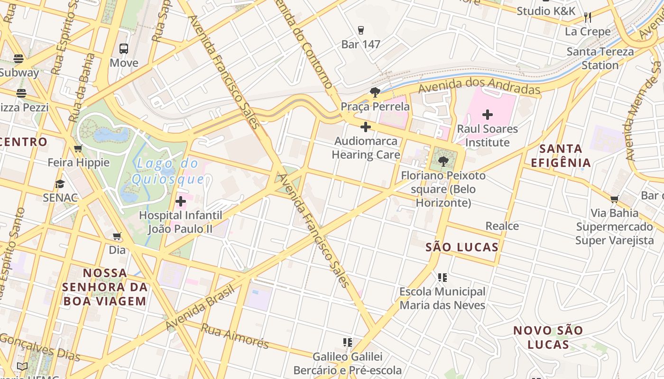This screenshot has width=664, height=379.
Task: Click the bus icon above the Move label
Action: point(123,48)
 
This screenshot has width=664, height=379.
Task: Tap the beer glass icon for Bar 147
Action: point(361,30)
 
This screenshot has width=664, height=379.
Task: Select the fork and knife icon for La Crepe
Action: point(588,18)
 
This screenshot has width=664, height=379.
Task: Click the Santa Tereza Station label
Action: point(600,58)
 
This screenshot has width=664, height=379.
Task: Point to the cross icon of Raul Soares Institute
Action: point(487,115)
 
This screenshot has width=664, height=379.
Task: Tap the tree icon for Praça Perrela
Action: point(375,92)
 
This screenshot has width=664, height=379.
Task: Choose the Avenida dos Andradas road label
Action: point(479,88)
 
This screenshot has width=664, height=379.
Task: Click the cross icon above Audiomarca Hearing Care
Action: point(365,127)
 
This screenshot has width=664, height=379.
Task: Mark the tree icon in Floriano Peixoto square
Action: point(443,162)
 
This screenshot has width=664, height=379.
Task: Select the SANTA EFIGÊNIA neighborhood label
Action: point(561,156)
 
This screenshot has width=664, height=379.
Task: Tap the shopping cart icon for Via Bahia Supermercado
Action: point(615,199)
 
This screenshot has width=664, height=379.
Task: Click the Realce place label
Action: point(502,226)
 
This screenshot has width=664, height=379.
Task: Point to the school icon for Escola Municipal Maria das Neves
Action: point(442,278)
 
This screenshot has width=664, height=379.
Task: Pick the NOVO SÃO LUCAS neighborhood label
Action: point(548,337)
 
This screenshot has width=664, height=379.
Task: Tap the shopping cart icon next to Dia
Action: point(117,236)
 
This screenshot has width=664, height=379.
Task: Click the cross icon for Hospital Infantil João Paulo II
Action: point(180,202)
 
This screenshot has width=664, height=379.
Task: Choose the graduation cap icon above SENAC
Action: point(60,184)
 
